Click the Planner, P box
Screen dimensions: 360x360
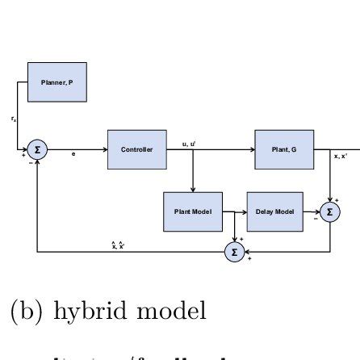[x=57, y=82]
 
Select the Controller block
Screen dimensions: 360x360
[x=136, y=149]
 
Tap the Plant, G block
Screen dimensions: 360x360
[x=284, y=149]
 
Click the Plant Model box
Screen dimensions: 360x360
[x=192, y=211]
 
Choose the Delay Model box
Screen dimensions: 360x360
[x=274, y=211]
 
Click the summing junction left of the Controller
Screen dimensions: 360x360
[x=37, y=149]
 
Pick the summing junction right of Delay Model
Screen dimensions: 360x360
[x=329, y=212]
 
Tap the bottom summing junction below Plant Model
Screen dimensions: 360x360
[x=234, y=252]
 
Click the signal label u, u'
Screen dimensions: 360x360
[x=188, y=144]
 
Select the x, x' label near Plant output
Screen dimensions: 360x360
[x=341, y=157]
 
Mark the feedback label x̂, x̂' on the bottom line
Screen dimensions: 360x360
[x=117, y=245]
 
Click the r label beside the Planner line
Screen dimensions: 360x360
[x=13, y=119]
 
